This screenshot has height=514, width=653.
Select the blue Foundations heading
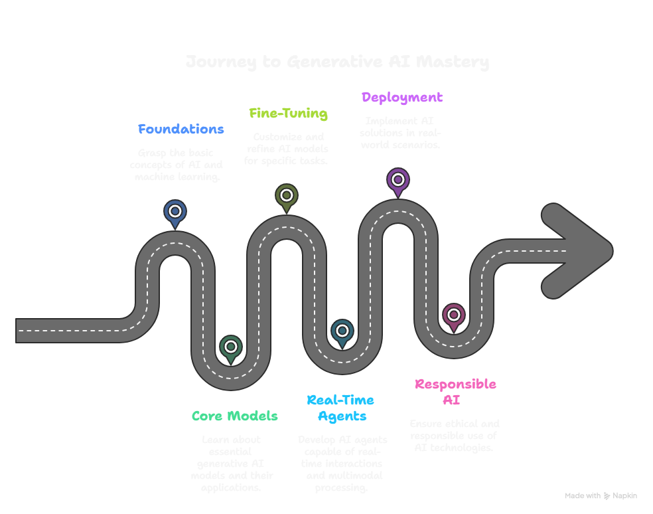[181, 129]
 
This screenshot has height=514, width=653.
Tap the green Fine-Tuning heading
[288, 114]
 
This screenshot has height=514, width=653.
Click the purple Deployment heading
[402, 98]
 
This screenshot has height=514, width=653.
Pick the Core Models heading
[234, 416]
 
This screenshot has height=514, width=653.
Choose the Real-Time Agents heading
[340, 408]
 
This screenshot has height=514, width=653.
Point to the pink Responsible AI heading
[455, 392]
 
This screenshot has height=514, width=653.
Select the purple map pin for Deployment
[398, 180]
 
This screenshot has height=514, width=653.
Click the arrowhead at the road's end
[577, 251]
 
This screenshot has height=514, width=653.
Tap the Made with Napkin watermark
[601, 496]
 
